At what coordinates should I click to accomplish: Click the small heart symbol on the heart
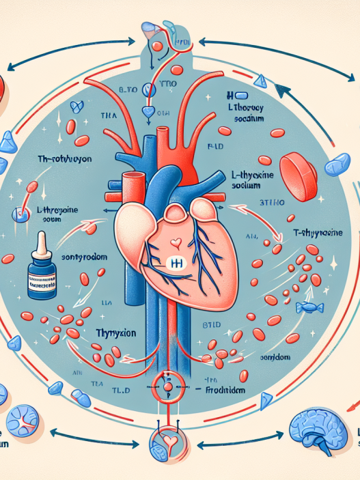click(x=176, y=243)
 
